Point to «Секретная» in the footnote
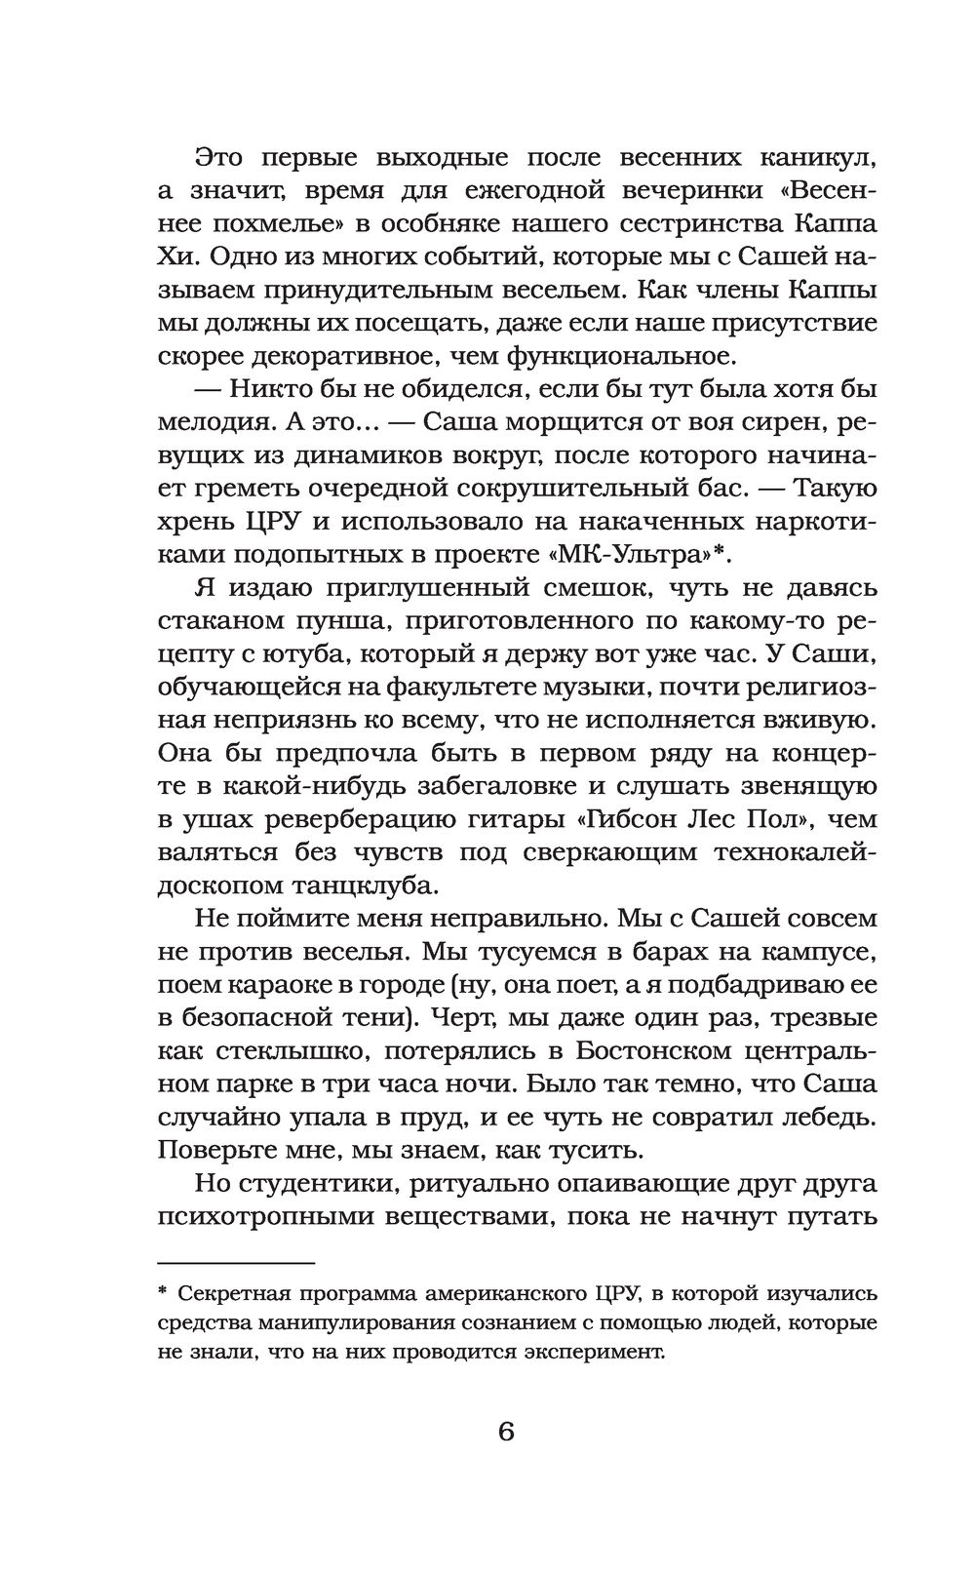tap(232, 1294)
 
